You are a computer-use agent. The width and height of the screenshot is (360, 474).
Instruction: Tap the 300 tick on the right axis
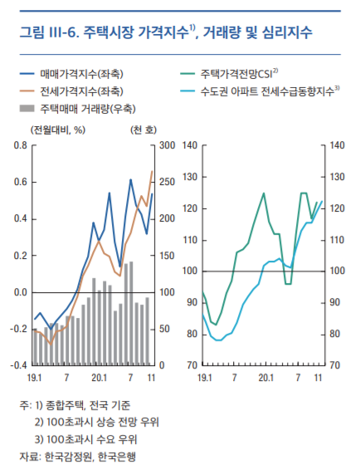(x=167, y=146)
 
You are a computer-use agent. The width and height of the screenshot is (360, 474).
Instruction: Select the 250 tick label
(x=167, y=183)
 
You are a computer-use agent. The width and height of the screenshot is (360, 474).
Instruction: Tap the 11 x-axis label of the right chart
(x=318, y=379)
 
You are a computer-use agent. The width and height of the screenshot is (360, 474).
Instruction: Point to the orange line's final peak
(x=152, y=171)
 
